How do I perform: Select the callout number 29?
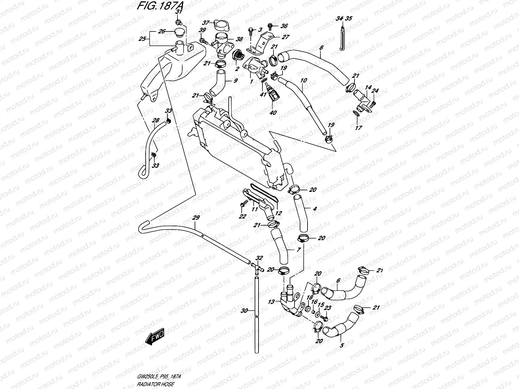(x=196, y=218)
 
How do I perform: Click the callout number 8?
(x=321, y=48)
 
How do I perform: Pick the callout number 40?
(x=273, y=113)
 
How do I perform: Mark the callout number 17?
(x=358, y=128)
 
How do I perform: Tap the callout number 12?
(x=278, y=213)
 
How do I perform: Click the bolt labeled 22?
(x=242, y=205)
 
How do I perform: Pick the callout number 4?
(x=315, y=209)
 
